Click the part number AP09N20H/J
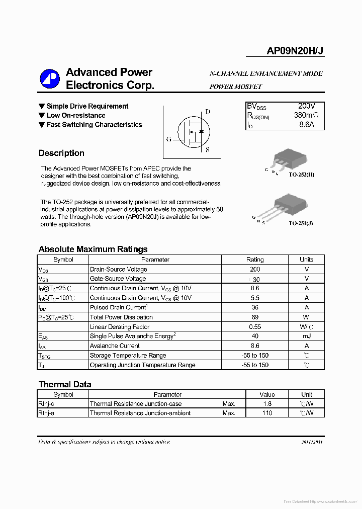pyautogui.click(x=295, y=50)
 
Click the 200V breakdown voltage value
pyautogui.click(x=306, y=106)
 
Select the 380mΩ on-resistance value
pyautogui.click(x=306, y=115)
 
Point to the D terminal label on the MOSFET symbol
pyautogui.click(x=208, y=112)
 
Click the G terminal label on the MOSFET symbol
pyautogui.click(x=168, y=139)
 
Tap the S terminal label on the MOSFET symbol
pyautogui.click(x=208, y=149)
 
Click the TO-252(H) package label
pyautogui.click(x=302, y=174)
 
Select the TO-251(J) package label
pyautogui.click(x=301, y=222)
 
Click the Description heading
pyautogui.click(x=61, y=153)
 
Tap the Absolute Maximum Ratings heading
pyautogui.click(x=93, y=249)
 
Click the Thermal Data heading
pyautogui.click(x=65, y=384)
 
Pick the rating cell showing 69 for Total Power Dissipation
pyautogui.click(x=255, y=317)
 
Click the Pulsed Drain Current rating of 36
pyautogui.click(x=255, y=307)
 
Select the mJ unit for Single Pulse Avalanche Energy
pyautogui.click(x=306, y=336)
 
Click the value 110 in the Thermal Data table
pyautogui.click(x=267, y=413)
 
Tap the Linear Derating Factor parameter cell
pyautogui.click(x=120, y=327)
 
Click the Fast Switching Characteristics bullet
pyautogui.click(x=94, y=125)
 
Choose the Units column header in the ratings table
pyautogui.click(x=306, y=260)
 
